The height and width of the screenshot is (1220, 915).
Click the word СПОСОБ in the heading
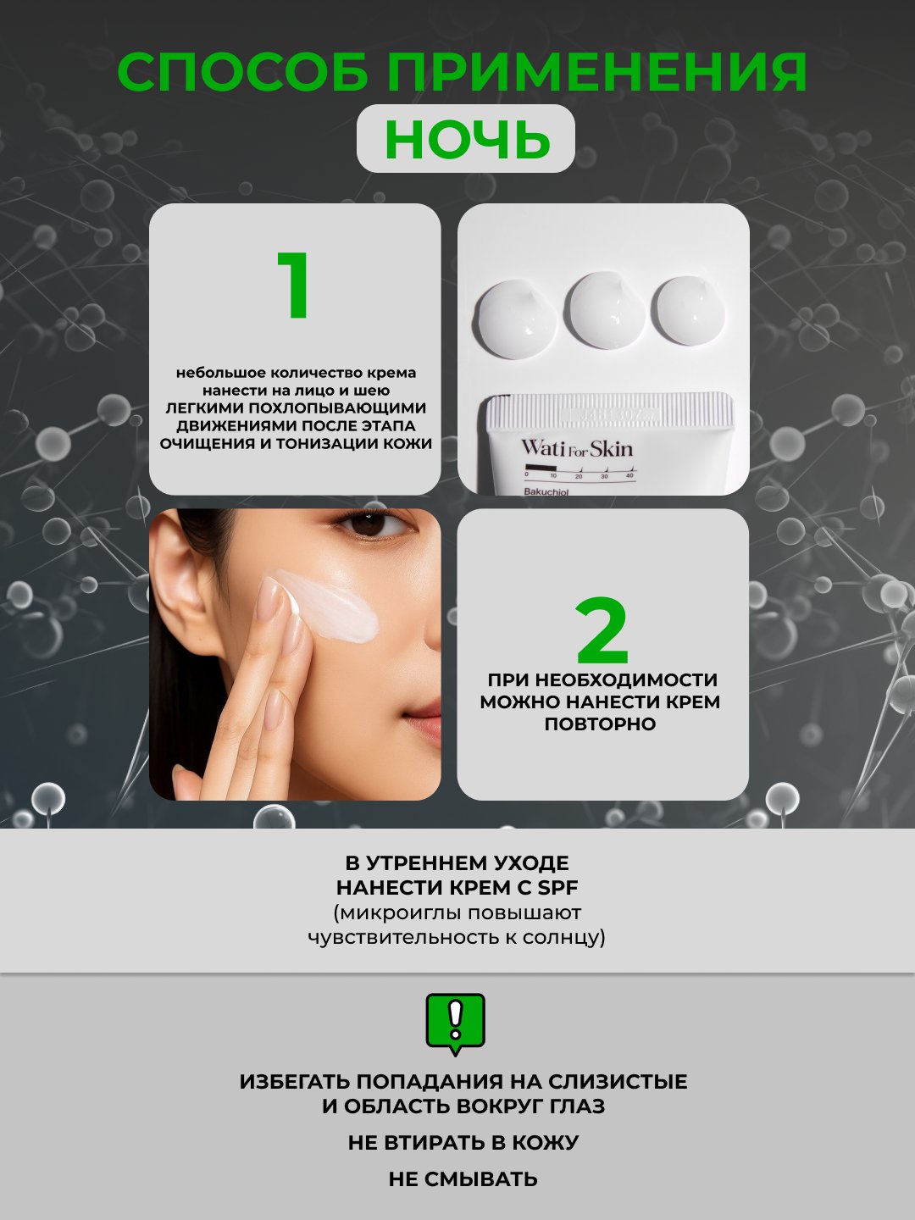pyautogui.click(x=243, y=72)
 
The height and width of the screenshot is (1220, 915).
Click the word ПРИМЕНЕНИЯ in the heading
pyautogui.click(x=596, y=72)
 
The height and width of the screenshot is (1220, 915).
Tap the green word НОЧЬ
pyautogui.click(x=467, y=139)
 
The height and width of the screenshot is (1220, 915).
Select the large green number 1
pyautogui.click(x=295, y=286)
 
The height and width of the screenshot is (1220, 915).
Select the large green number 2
pyautogui.click(x=602, y=631)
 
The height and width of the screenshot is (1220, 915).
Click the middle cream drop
pyautogui.click(x=606, y=310)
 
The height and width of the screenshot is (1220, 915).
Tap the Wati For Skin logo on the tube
pyautogui.click(x=577, y=448)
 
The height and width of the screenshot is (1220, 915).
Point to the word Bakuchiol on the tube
pyautogui.click(x=546, y=491)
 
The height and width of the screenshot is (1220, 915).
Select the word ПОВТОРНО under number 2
pyautogui.click(x=600, y=724)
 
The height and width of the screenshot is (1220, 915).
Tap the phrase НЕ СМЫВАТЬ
pyautogui.click(x=463, y=1178)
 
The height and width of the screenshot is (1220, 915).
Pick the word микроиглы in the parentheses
pyautogui.click(x=396, y=912)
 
